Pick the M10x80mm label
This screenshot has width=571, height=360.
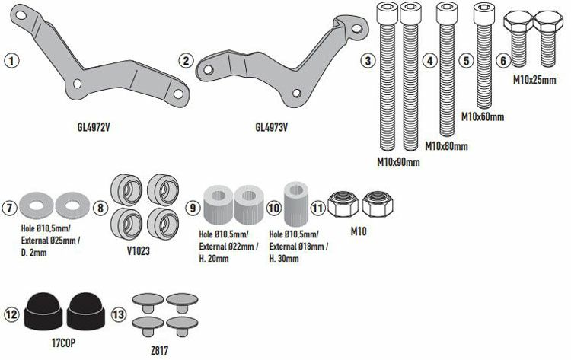[x=446, y=145]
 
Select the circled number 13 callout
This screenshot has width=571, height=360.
[x=118, y=314]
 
